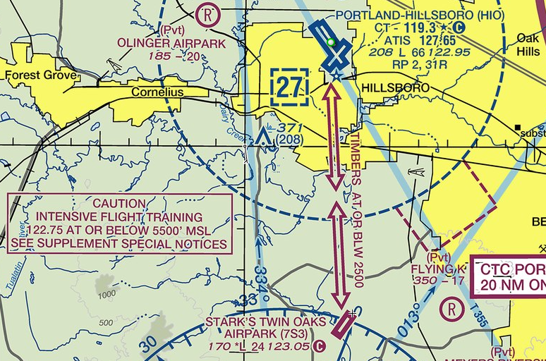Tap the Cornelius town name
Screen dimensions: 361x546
click(157, 92)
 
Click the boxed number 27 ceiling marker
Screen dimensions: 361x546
click(289, 87)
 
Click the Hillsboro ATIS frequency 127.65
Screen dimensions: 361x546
click(429, 39)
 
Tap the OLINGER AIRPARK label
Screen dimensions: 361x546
click(166, 44)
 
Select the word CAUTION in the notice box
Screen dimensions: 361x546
click(119, 204)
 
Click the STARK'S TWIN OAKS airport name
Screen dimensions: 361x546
click(267, 322)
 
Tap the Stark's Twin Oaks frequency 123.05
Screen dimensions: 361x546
click(293, 346)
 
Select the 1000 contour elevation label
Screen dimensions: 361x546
click(107, 294)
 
